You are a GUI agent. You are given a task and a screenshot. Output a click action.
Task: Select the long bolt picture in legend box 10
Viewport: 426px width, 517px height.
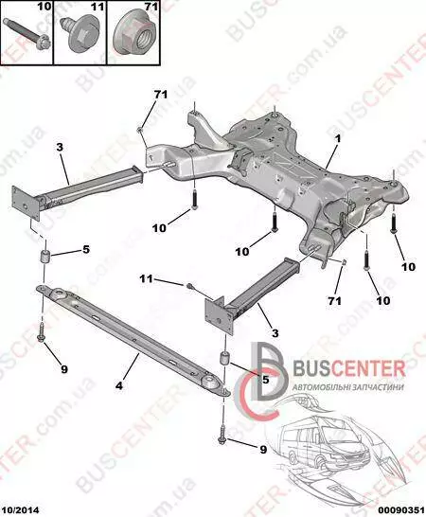point(27,37)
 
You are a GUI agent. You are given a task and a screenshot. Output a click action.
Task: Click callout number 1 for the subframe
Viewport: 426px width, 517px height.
point(338,139)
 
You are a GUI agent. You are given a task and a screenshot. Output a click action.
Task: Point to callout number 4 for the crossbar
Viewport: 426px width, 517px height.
point(119,384)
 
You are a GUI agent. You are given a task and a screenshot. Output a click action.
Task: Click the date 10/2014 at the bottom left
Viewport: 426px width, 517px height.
point(20,510)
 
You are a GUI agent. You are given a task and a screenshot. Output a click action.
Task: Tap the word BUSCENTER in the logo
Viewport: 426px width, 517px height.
point(349,368)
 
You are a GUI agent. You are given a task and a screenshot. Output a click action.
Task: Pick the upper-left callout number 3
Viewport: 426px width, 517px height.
point(60,147)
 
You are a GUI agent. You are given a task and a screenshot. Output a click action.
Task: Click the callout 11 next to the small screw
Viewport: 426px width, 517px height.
point(146,279)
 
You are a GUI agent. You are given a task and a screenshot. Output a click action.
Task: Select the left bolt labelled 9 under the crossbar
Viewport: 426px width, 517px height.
point(41,333)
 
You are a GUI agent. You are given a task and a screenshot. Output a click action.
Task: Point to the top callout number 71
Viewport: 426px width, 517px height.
point(161,95)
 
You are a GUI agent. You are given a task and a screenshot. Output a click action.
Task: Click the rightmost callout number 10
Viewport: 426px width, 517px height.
point(408,266)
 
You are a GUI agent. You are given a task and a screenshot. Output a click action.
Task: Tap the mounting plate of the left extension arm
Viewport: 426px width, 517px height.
point(26,203)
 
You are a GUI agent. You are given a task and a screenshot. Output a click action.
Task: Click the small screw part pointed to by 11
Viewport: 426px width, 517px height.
point(189,284)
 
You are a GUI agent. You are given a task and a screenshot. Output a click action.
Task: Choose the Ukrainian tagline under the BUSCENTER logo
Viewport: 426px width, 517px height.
point(348,386)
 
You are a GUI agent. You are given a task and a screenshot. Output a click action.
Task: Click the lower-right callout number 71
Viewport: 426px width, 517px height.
point(334,301)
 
